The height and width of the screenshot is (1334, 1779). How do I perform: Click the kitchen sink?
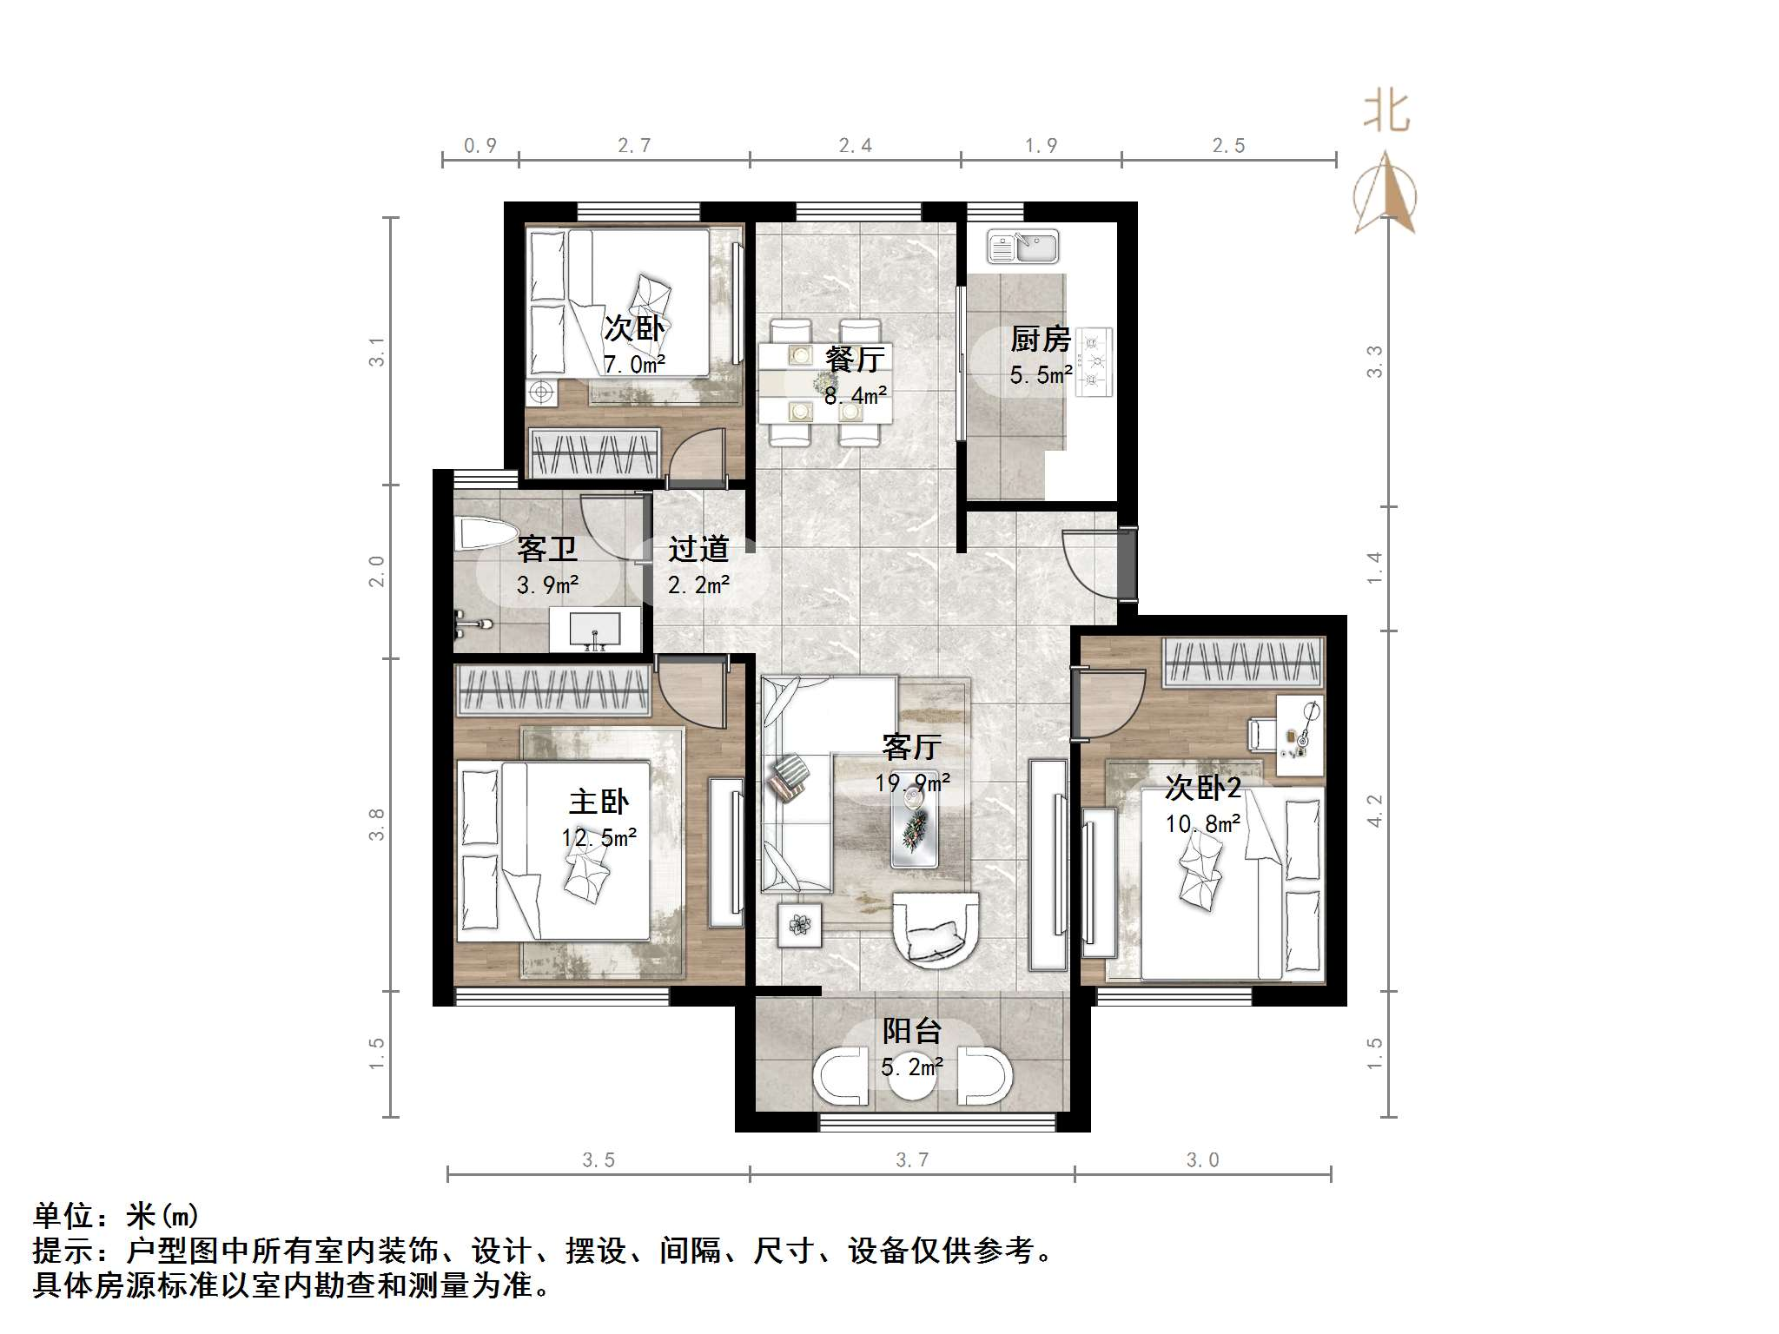point(1022,247)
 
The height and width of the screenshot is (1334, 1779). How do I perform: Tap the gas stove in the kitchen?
point(1095,361)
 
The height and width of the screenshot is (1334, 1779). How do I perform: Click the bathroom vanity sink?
point(595,628)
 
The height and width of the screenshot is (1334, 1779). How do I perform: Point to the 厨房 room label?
point(1040,340)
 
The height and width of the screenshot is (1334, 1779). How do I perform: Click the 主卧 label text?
point(599,801)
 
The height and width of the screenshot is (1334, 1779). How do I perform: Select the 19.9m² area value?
point(911,783)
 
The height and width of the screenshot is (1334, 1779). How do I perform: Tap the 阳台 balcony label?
point(911,1031)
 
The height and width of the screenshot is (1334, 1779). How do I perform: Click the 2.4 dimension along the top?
point(855,146)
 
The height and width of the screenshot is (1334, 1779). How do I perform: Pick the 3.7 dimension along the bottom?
point(912,1160)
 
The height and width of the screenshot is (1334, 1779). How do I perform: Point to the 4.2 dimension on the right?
point(1374,810)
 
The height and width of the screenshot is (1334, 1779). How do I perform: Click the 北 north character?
point(1386,114)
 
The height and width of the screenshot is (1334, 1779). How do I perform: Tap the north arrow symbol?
point(1386,195)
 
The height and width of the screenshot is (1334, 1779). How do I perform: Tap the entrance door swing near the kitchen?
point(1090,565)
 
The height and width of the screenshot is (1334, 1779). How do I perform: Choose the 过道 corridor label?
point(698,549)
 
